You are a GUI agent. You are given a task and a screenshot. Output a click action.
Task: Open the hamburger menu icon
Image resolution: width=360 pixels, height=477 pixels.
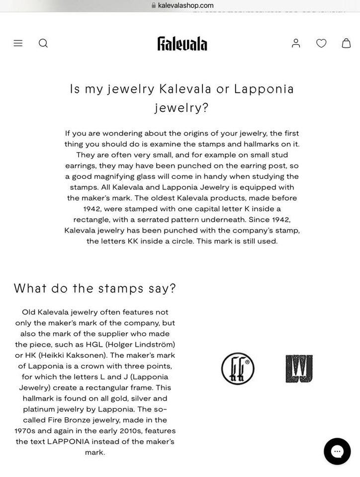(18, 43)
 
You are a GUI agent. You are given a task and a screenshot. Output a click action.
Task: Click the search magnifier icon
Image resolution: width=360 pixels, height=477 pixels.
(43, 43)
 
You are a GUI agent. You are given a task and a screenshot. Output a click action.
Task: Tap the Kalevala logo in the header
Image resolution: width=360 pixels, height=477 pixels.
(182, 43)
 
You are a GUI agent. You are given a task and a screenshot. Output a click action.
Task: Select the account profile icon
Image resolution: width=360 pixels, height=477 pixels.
(296, 43)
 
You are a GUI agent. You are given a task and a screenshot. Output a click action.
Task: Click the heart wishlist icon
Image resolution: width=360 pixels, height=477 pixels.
(321, 43)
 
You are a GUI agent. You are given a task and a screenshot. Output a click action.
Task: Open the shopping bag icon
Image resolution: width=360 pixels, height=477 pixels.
(346, 43)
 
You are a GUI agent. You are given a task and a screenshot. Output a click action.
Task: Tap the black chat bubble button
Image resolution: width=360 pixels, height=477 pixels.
(337, 451)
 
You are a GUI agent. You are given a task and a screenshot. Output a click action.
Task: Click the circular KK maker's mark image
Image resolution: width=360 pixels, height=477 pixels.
(238, 369)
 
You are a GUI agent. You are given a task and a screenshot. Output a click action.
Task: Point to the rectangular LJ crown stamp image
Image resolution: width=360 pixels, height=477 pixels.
(299, 369)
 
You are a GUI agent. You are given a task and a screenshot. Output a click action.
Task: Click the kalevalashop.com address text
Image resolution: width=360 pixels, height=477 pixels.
(185, 5)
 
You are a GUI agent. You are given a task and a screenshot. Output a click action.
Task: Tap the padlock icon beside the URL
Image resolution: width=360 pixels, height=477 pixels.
(154, 5)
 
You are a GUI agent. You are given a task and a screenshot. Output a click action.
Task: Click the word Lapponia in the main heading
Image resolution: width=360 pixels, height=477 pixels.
(264, 89)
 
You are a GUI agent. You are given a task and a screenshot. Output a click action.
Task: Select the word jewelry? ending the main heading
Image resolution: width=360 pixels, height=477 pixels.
(181, 108)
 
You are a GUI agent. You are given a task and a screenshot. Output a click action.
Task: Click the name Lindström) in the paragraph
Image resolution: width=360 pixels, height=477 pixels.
(151, 344)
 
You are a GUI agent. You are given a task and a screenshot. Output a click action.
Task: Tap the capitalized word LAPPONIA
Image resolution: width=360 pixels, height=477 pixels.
(68, 441)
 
